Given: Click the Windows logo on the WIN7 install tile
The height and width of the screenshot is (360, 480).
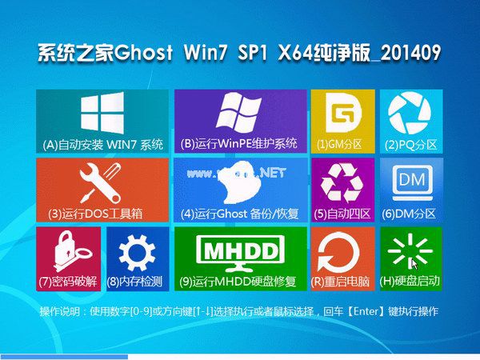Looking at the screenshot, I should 102,115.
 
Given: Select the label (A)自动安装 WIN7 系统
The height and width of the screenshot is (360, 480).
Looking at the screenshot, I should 102,145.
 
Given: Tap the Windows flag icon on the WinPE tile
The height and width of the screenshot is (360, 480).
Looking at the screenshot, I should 240,114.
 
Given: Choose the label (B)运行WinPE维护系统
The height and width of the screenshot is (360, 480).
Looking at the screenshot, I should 240,145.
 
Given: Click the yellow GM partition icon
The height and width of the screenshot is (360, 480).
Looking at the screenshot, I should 332,115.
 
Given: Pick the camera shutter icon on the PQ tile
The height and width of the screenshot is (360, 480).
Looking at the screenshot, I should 410,115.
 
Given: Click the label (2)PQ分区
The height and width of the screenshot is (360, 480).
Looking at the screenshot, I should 411,145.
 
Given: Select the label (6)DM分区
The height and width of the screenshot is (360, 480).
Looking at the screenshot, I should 410,214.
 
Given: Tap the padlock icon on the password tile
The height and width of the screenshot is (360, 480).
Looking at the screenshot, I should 67,252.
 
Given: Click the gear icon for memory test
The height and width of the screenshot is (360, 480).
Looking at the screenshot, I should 136,252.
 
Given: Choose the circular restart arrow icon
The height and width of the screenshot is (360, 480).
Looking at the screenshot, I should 338,253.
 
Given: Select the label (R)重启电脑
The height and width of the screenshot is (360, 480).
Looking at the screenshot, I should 342,282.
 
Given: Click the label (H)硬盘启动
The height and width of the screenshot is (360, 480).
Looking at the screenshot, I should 410,282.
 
